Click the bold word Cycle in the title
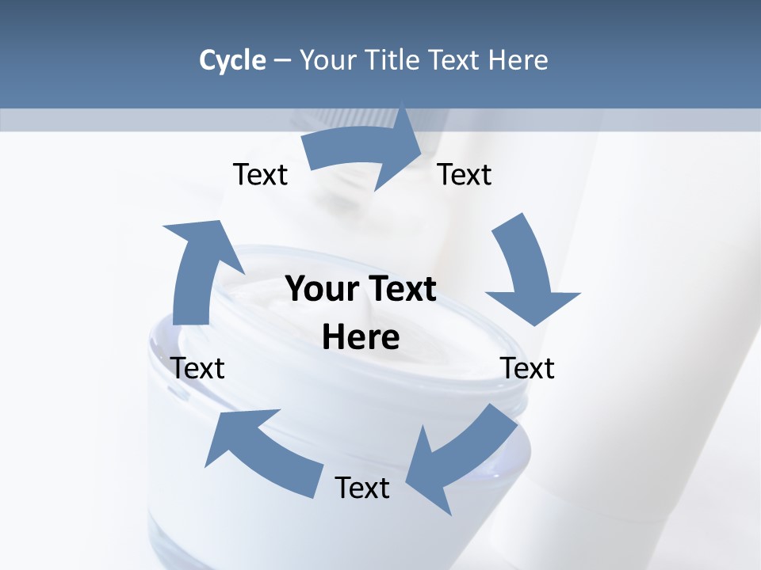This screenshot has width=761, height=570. (232, 60)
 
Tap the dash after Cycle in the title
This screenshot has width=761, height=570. (282, 60)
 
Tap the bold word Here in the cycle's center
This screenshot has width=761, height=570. (361, 338)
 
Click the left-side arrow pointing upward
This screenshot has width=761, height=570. (193, 269)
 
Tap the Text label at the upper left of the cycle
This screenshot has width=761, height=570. (260, 174)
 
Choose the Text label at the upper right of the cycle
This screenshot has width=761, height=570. (465, 174)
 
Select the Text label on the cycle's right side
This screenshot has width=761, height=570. (527, 368)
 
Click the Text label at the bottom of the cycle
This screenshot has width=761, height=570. (362, 488)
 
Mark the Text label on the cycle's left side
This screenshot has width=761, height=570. (197, 368)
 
